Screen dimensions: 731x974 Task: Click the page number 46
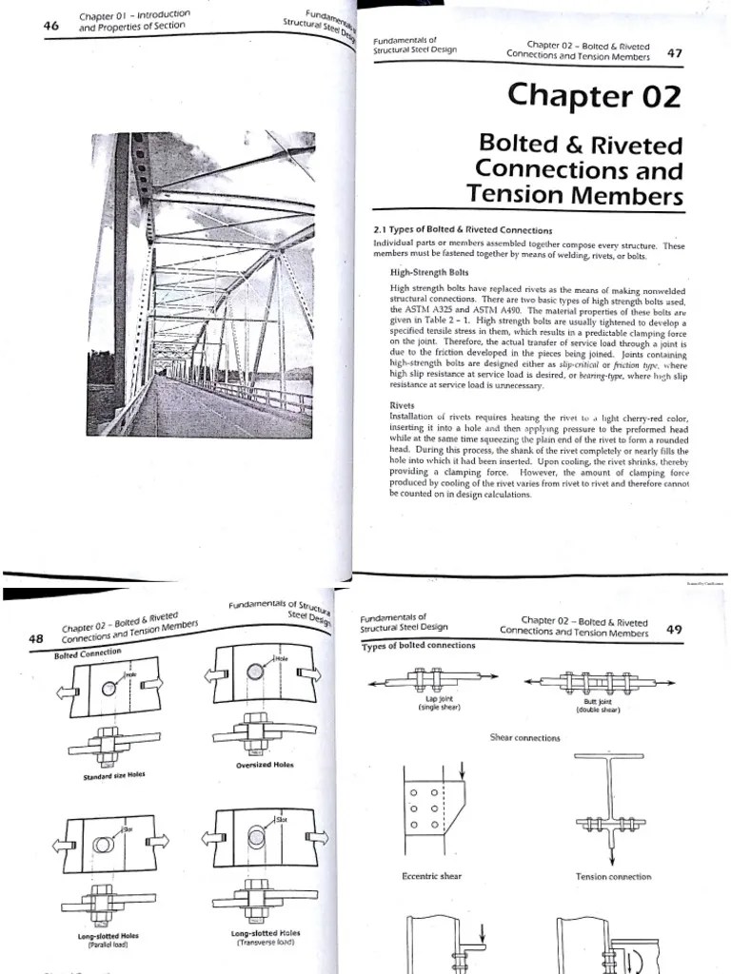(x=51, y=26)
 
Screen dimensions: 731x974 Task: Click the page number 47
(x=675, y=53)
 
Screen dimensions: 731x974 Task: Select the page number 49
(x=675, y=629)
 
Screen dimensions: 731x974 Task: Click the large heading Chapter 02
(x=595, y=95)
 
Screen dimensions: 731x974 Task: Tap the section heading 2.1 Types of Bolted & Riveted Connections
(x=463, y=230)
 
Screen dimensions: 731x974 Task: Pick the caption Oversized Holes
(x=266, y=765)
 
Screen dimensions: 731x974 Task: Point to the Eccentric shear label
(x=431, y=875)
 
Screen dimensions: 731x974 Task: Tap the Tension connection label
(x=614, y=876)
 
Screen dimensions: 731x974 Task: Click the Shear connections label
(x=524, y=737)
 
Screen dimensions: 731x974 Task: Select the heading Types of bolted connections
(x=418, y=646)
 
